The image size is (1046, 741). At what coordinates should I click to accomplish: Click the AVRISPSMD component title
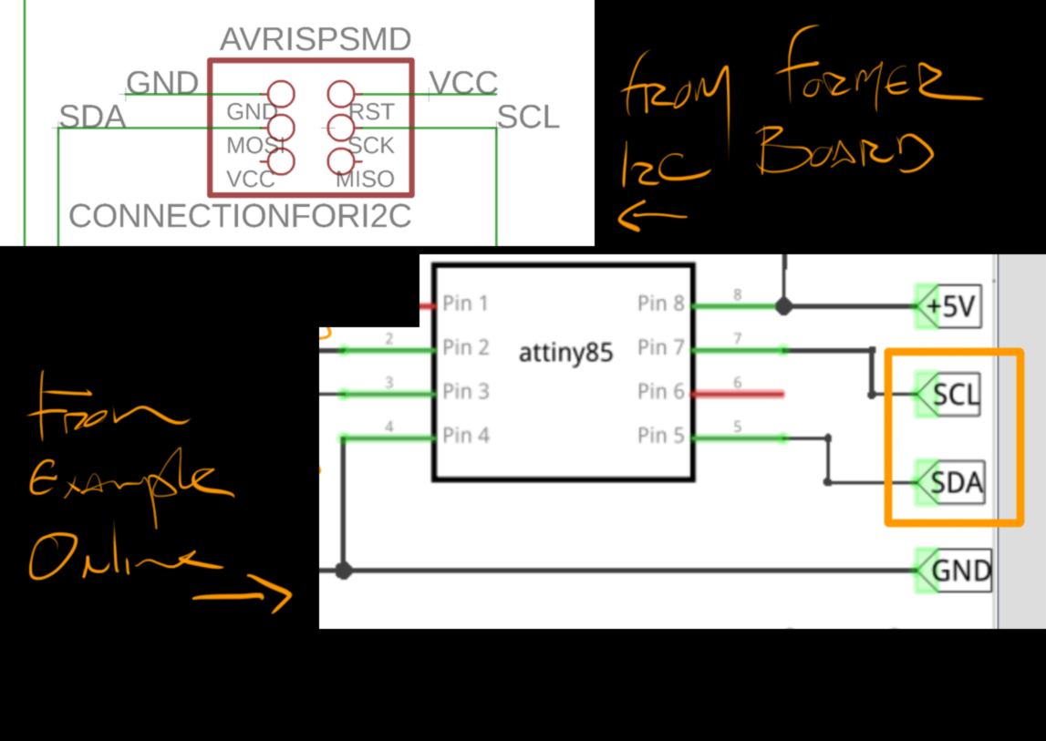pos(316,39)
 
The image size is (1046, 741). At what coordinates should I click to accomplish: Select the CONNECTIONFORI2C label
pos(240,216)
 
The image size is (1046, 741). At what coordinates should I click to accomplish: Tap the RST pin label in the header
pos(372,111)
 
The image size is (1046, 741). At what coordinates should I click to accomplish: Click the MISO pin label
pos(365,179)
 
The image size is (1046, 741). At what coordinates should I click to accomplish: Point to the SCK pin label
pos(371,145)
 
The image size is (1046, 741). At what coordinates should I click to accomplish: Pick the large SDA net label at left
pos(92,117)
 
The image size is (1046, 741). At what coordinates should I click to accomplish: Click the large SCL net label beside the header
pos(528,118)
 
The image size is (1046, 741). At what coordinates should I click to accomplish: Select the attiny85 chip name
pos(565,352)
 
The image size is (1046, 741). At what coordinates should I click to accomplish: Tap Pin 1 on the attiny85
pos(466,303)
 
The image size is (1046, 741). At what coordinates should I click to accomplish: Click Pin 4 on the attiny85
pos(466,436)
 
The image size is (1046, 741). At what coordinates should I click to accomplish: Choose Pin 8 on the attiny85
pos(660,303)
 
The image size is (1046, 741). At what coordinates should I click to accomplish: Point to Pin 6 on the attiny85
pos(660,391)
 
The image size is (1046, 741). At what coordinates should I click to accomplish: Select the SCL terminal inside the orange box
pos(954,395)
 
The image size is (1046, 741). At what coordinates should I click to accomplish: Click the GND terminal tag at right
pos(959,571)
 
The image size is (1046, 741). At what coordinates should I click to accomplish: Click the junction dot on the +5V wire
pos(783,306)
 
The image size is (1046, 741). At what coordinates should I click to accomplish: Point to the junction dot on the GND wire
pos(343,571)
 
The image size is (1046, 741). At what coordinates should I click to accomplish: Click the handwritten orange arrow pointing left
pos(651,216)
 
